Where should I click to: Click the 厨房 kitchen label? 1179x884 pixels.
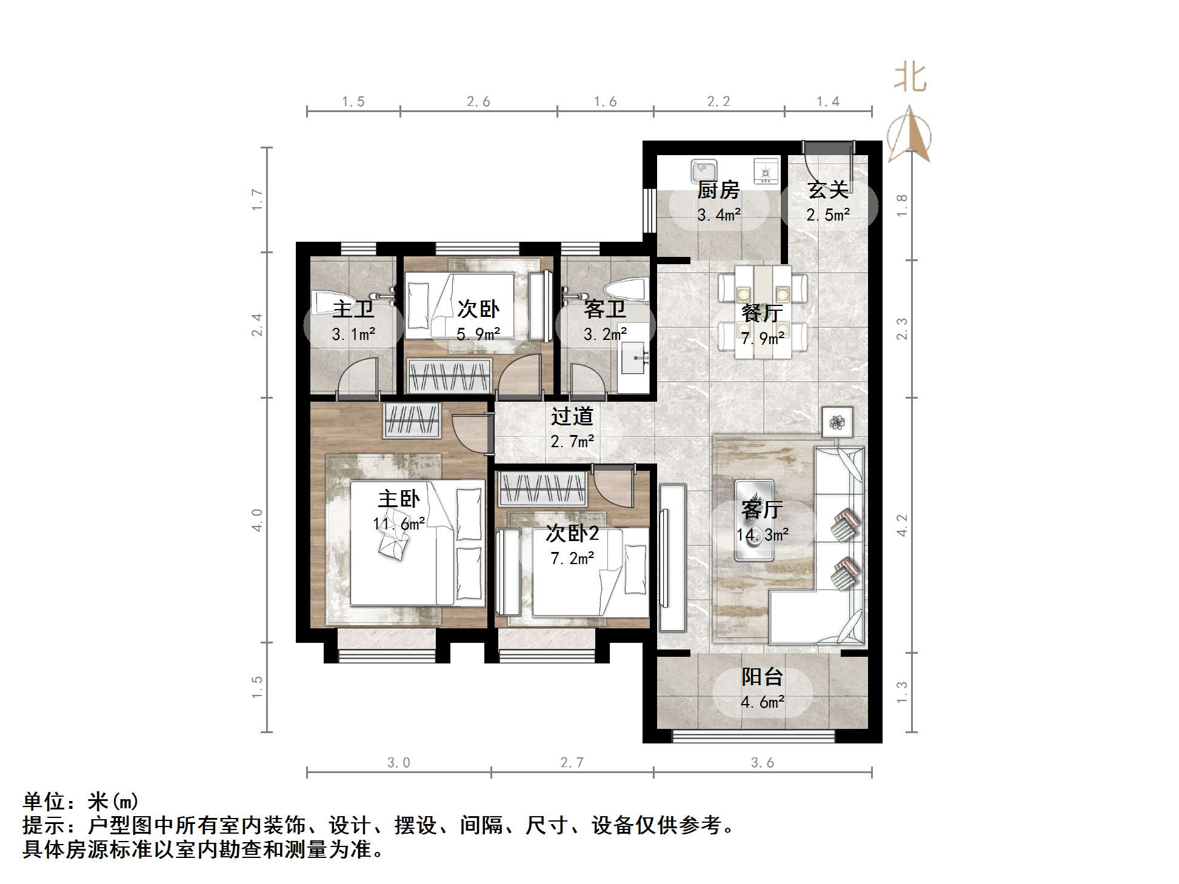[x=718, y=190]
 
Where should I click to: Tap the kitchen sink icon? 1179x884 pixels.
[x=704, y=171]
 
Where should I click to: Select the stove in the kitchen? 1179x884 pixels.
[x=766, y=171]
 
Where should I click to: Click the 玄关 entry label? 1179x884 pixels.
[x=827, y=190]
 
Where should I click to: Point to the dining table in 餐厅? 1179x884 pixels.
[x=763, y=312]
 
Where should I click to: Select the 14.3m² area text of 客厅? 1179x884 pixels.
[x=762, y=534]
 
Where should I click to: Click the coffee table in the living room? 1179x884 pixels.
[x=753, y=520]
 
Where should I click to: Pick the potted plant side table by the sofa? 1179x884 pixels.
[x=837, y=422]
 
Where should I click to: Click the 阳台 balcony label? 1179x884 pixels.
[x=762, y=677]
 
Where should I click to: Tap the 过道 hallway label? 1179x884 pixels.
[x=572, y=417]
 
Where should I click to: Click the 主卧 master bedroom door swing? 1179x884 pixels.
[x=469, y=431]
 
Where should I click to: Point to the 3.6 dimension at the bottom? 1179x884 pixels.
[x=762, y=762]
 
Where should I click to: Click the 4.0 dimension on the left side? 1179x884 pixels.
[x=257, y=520]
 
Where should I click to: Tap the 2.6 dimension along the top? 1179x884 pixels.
[x=478, y=102]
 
